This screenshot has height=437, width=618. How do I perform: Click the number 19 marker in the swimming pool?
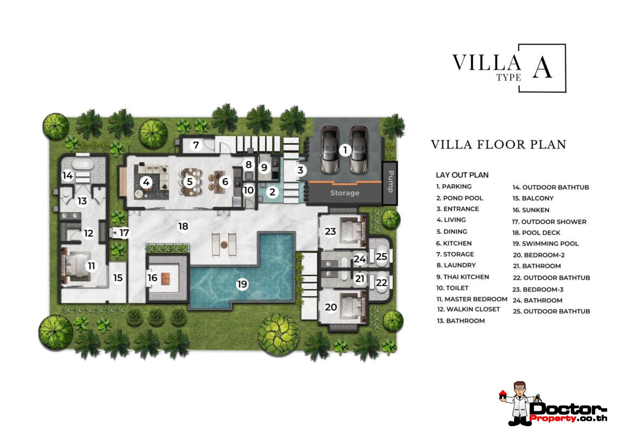click(x=242, y=284)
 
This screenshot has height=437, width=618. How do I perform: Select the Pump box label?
click(x=390, y=182)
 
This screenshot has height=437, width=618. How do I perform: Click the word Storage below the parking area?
click(x=344, y=193)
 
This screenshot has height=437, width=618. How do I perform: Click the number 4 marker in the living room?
click(x=146, y=182)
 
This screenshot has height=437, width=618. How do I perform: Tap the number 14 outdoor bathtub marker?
click(x=68, y=175)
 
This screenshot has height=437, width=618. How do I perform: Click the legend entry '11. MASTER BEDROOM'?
click(x=472, y=299)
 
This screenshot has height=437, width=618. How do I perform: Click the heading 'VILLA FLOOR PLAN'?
click(x=498, y=145)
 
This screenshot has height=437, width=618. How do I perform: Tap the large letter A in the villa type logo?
click(x=542, y=67)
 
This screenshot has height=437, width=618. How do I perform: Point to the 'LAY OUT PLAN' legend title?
click(x=462, y=175)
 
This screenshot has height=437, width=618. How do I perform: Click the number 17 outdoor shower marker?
click(x=124, y=233)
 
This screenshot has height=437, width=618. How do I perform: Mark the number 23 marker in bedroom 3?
click(x=331, y=231)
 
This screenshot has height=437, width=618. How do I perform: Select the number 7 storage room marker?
click(x=196, y=145)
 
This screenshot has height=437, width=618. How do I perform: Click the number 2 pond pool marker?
click(x=273, y=191)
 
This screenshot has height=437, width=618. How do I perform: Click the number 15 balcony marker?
click(x=118, y=278)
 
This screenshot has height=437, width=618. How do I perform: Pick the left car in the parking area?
click(x=329, y=150)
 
